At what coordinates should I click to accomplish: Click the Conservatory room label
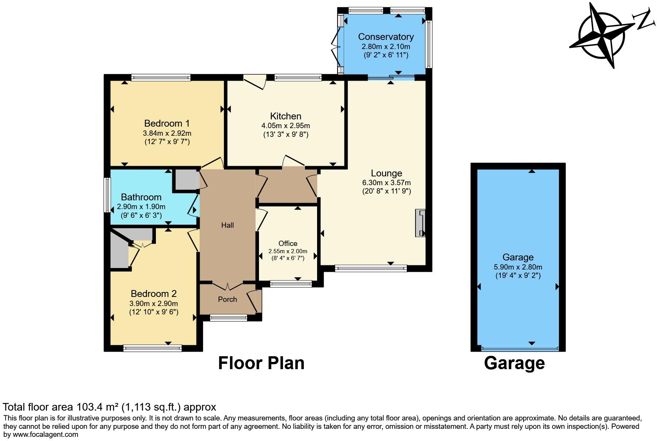[386, 37]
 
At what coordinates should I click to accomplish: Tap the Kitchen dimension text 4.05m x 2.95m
[286, 126]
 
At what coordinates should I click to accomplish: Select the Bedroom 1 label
[167, 124]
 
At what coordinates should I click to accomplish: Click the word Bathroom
[141, 197]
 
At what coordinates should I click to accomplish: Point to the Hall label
[227, 225]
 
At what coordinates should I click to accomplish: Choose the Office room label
[288, 244]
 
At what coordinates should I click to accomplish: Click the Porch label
[227, 300]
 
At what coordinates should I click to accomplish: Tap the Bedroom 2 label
[154, 294]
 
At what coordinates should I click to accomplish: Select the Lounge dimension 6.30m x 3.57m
[386, 183]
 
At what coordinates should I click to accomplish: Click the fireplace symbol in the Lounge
[420, 223]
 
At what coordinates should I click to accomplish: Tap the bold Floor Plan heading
[261, 363]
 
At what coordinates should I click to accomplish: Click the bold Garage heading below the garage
[514, 363]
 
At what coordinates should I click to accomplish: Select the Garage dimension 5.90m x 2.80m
[518, 267]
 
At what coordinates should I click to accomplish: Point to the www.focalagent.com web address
[46, 435]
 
